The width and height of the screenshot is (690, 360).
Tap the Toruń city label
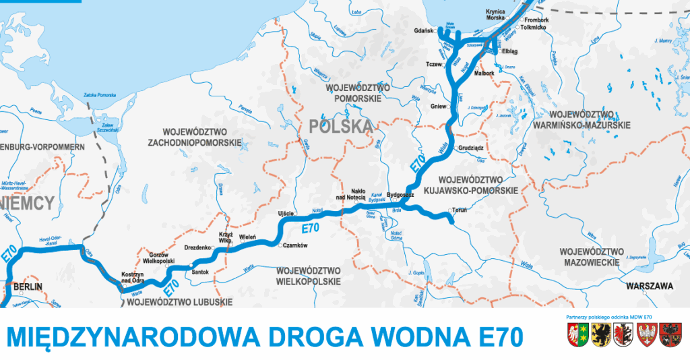pos(460,210)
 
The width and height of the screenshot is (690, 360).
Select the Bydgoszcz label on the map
pos(400,193)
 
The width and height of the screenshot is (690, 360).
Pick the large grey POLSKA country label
pos(340,126)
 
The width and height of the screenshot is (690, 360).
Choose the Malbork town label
pos(484,72)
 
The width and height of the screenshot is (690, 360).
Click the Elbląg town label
pos(509,51)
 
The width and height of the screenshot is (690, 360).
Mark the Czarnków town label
pos(295,246)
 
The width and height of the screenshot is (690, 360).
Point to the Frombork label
pos(536,20)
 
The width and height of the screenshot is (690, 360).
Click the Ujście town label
pos(286,214)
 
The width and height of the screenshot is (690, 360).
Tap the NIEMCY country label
pos(26,202)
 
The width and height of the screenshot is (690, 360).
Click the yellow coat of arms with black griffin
pos(599,334)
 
